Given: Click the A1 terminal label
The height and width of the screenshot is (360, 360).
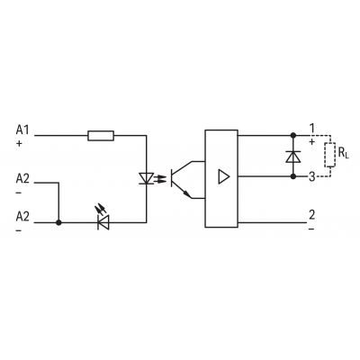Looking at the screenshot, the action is [22, 130].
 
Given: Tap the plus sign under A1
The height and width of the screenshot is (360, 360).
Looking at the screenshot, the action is [19, 144].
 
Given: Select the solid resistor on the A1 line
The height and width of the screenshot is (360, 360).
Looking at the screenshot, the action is [101, 136].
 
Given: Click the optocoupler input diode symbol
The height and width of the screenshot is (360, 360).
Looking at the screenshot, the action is [147, 178].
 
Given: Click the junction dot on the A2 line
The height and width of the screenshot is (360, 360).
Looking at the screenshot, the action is [58, 222].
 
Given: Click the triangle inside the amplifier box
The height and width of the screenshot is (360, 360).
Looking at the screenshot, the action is [224, 176].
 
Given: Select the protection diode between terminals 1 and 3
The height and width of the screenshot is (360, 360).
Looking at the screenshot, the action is [293, 157].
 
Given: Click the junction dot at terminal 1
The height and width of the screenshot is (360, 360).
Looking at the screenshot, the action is [293, 136].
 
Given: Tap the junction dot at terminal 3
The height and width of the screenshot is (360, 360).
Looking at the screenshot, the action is [293, 176].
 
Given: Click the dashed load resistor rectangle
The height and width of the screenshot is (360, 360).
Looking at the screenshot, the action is [330, 155].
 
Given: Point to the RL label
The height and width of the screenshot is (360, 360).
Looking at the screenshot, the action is [343, 153].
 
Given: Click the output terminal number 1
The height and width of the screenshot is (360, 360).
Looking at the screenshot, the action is [312, 129].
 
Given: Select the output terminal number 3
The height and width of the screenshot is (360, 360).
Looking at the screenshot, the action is [312, 177].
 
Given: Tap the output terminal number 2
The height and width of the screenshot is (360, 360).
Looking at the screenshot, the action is [312, 215].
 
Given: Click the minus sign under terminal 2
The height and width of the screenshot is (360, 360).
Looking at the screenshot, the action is [311, 229].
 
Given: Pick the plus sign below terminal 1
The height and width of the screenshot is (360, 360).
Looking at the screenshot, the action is [312, 141].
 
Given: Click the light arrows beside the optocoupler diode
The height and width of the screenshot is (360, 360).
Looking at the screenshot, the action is [161, 178].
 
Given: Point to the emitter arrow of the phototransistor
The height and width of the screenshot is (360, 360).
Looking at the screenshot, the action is [187, 193].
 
